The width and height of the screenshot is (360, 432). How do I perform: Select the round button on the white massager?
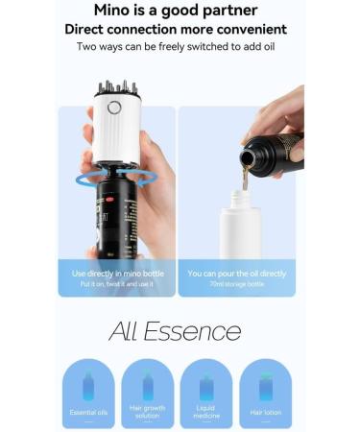pos(113,108)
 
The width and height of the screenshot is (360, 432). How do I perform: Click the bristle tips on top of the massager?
pos(116,88)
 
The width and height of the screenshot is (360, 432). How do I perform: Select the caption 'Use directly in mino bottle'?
pos(117,274)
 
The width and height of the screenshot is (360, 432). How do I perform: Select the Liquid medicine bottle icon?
pos(206,386)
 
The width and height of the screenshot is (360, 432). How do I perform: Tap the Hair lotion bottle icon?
pos(265,386)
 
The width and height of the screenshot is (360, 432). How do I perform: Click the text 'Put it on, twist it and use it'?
pos(117,285)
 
